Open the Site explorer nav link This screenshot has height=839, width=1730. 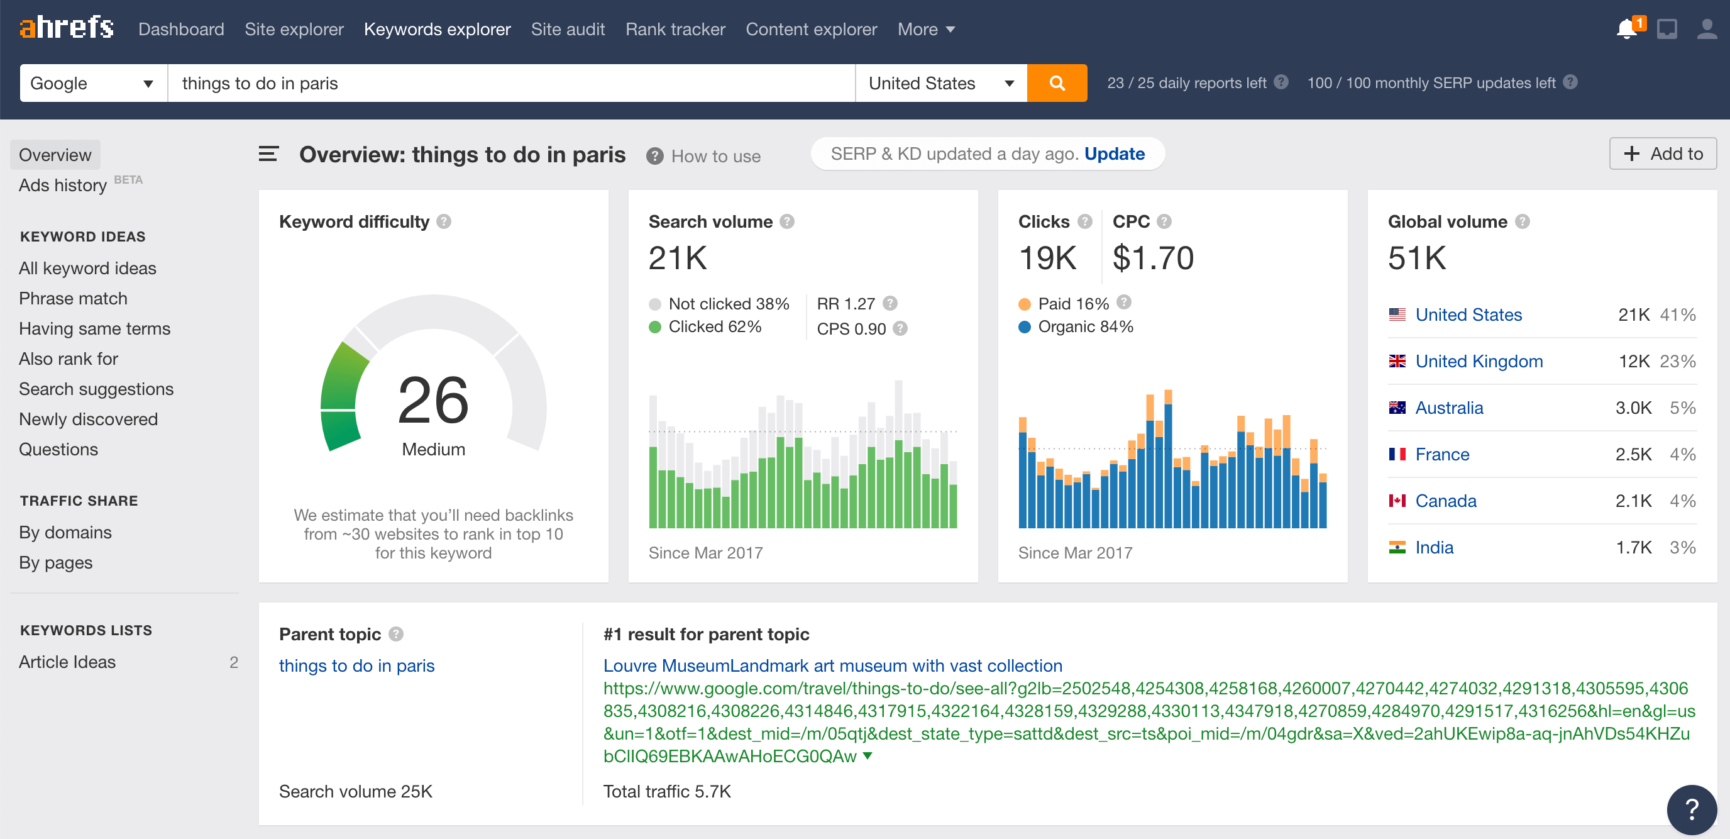294,30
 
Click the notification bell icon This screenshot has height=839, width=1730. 1626,29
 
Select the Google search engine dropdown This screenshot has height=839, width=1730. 92,83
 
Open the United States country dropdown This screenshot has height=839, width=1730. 940,83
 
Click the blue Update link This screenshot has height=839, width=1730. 1114,154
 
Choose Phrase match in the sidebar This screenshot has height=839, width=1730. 72,298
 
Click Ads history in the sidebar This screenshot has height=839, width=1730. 62,186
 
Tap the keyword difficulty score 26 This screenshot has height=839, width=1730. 433,401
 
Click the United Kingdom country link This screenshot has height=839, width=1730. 1479,362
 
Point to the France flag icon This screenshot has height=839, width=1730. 1397,455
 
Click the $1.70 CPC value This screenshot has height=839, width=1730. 1152,258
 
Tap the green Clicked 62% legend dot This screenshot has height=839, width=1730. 655,327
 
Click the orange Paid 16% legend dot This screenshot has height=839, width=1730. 1024,304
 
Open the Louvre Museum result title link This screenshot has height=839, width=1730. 832,665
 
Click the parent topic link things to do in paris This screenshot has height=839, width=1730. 356,665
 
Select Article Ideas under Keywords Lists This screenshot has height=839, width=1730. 67,662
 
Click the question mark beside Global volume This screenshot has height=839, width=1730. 1523,221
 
